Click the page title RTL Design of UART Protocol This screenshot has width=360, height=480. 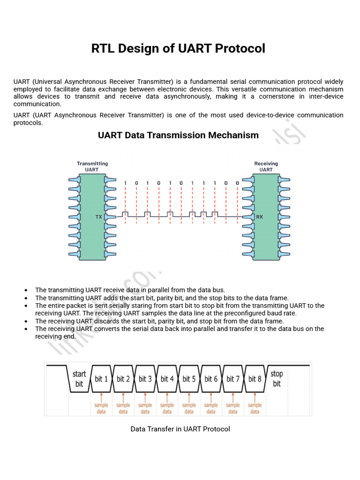click(x=178, y=48)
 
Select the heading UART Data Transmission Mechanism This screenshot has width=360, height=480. click(x=178, y=135)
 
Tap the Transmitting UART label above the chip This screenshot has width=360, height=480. click(x=92, y=166)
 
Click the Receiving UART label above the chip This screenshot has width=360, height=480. click(x=266, y=166)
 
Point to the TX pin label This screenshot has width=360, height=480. click(x=98, y=217)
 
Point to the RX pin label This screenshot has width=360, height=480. click(x=259, y=217)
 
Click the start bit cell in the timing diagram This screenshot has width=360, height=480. click(x=79, y=379)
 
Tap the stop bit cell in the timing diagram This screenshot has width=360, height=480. click(x=277, y=379)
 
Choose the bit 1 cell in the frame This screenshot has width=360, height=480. click(x=101, y=379)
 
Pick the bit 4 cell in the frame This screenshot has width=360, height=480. click(x=167, y=379)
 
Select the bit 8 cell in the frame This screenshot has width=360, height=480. click(x=255, y=379)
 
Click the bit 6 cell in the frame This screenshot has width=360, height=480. click(x=211, y=379)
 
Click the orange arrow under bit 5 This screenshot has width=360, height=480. click(x=189, y=397)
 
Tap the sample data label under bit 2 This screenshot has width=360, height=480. click(x=123, y=408)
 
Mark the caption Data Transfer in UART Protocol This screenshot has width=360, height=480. click(x=180, y=429)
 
